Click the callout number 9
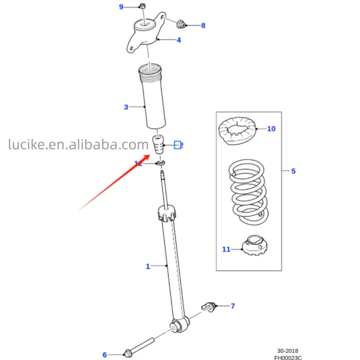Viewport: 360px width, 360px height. pos(120,7)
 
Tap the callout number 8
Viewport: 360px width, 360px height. pos(203,26)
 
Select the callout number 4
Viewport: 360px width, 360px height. pos(179,41)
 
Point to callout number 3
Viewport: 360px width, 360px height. pos(126,107)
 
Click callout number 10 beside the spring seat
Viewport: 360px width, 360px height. pos(271,129)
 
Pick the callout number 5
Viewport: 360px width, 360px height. pos(293,171)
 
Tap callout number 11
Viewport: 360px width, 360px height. pos(226,249)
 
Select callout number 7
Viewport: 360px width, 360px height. pos(232,306)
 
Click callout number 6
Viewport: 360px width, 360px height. pos(104,355)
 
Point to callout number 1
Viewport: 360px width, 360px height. pos(147,266)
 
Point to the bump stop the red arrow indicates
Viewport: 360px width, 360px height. pos(157,146)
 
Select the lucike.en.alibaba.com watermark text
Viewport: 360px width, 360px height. pos(78,144)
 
